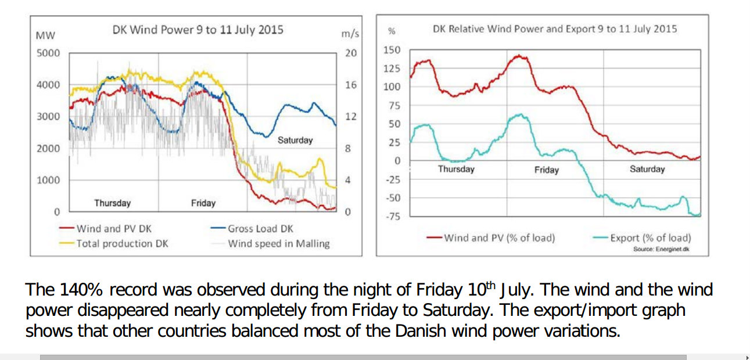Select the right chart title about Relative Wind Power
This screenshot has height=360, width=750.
click(x=555, y=28)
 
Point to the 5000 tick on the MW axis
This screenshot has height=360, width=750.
click(x=48, y=53)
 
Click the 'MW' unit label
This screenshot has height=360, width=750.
click(x=45, y=35)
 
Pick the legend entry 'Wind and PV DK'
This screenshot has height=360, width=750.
click(x=114, y=229)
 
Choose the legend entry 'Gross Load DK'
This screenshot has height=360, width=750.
click(x=260, y=229)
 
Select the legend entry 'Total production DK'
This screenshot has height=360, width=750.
click(x=122, y=243)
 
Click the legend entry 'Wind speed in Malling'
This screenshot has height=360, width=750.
click(x=278, y=243)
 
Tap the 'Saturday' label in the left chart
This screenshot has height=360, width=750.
click(x=295, y=140)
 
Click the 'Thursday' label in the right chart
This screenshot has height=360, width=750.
click(x=456, y=169)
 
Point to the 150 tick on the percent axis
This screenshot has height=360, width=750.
click(x=392, y=50)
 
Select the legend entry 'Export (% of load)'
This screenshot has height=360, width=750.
click(x=650, y=237)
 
